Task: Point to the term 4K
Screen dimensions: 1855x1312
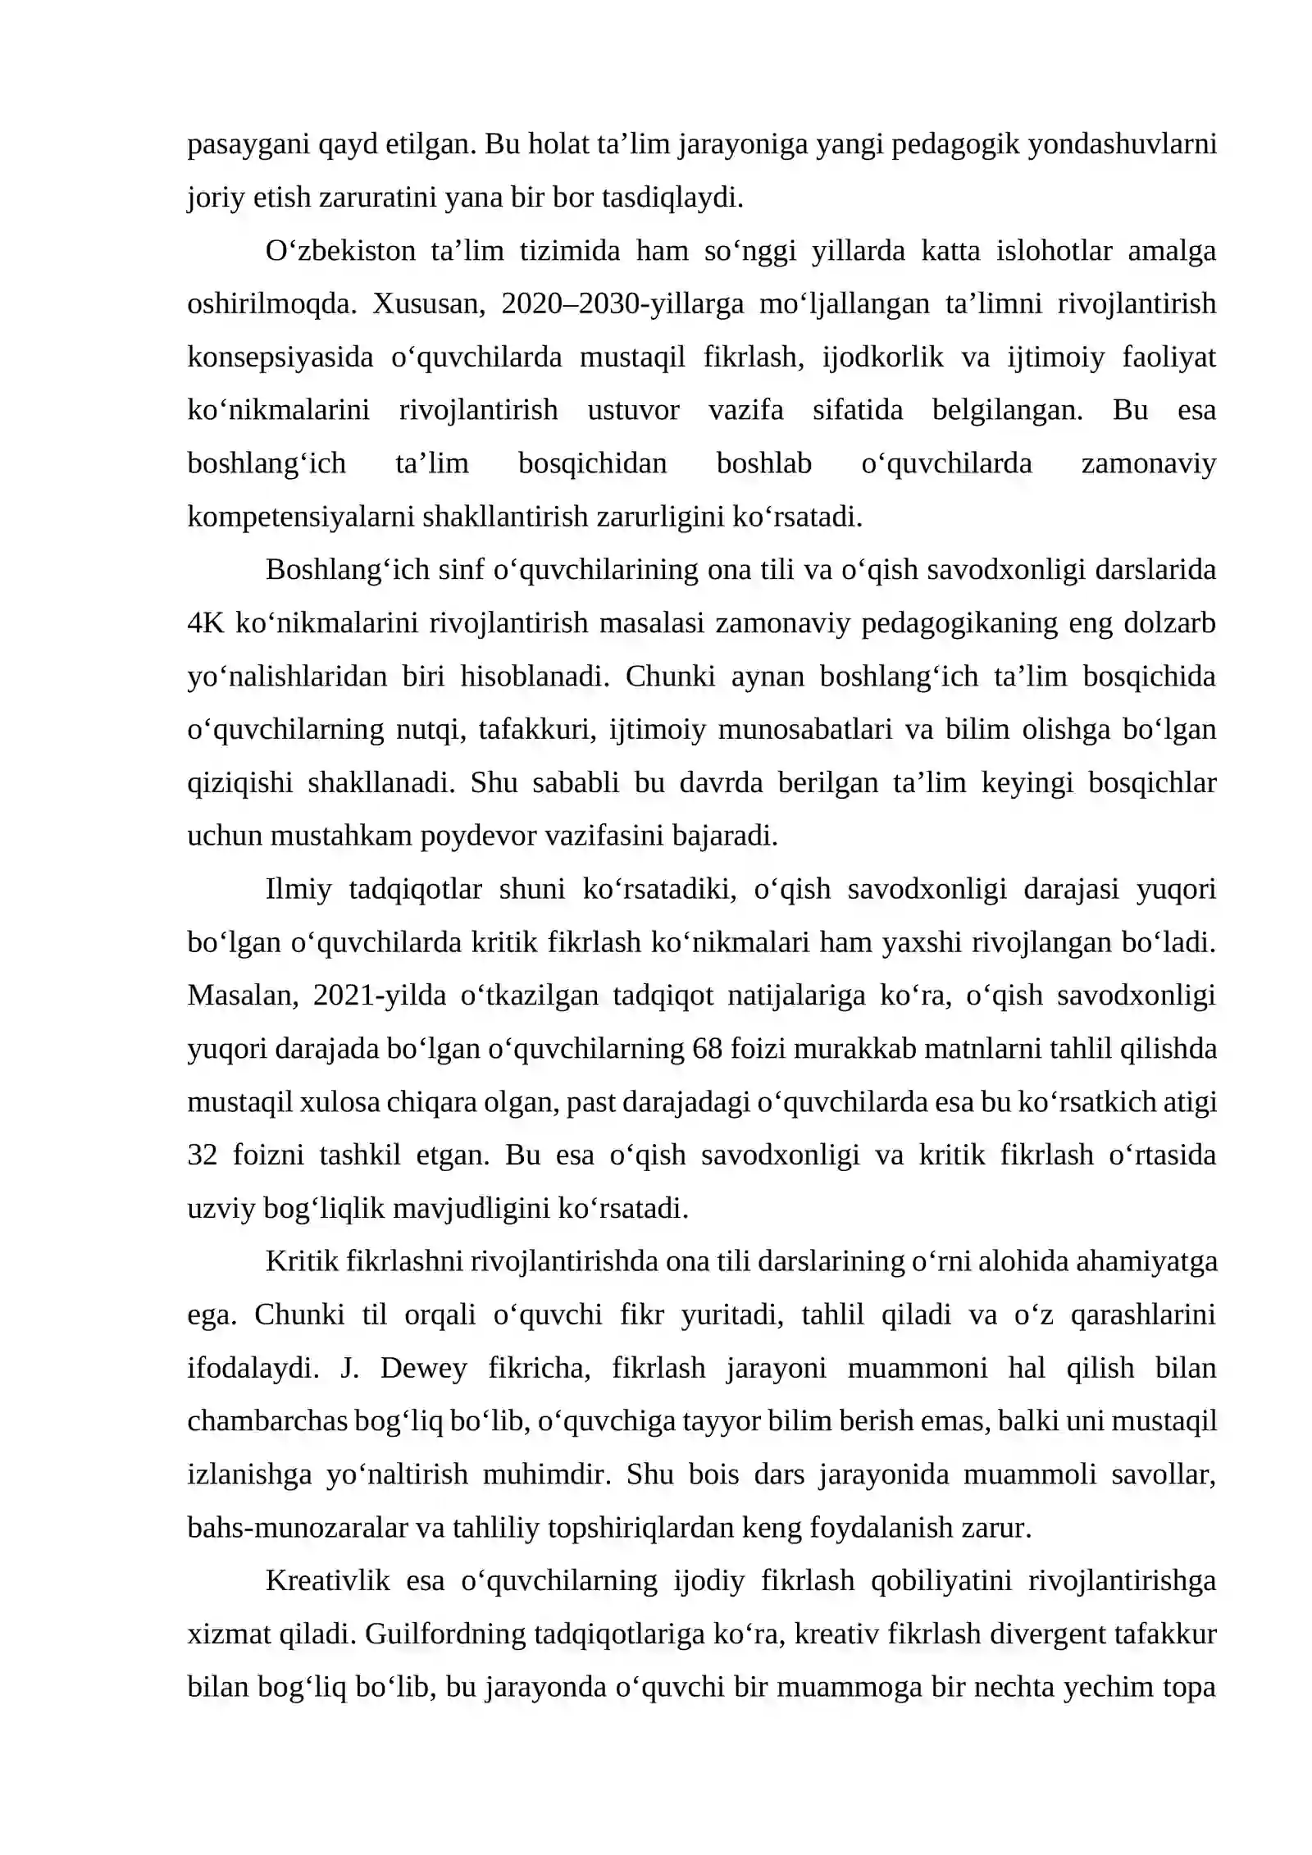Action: click(x=205, y=623)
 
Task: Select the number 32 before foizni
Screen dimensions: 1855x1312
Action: click(x=202, y=1155)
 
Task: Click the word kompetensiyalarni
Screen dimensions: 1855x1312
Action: click(x=299, y=517)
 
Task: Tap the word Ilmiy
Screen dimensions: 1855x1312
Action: click(x=298, y=889)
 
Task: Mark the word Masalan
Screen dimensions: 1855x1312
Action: click(x=241, y=996)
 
